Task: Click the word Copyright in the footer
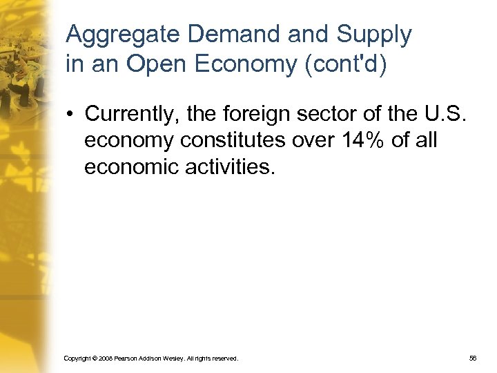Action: point(75,358)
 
